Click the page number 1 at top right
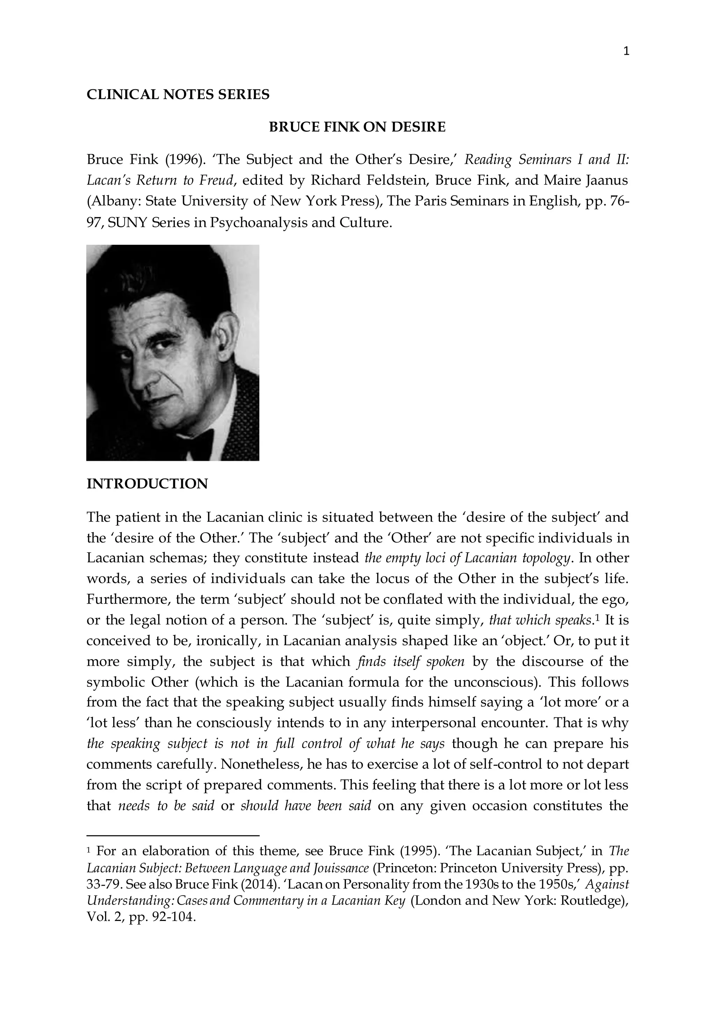(x=627, y=52)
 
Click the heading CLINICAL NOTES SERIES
(x=178, y=94)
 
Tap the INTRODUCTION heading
(x=147, y=484)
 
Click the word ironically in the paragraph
(x=225, y=641)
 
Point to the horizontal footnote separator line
(x=173, y=835)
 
